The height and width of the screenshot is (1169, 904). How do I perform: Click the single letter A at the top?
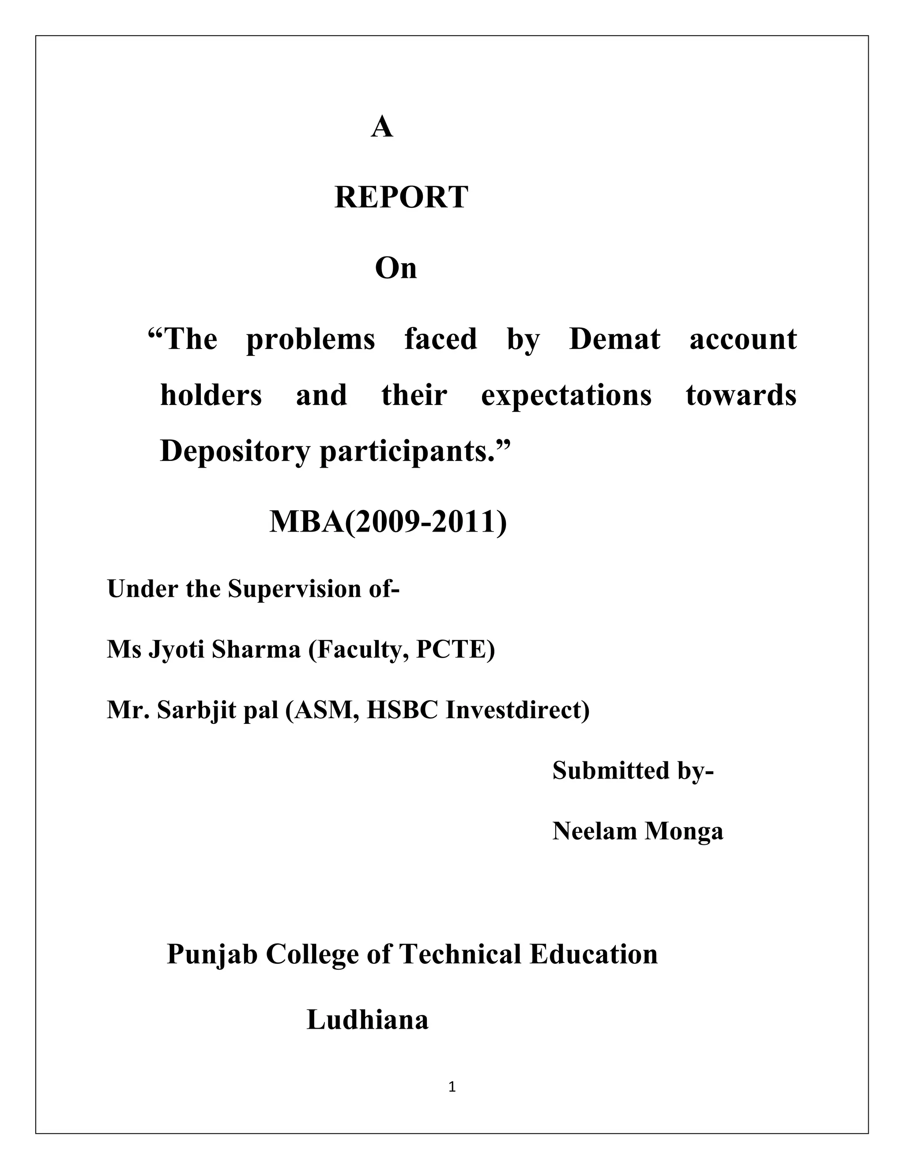point(382,127)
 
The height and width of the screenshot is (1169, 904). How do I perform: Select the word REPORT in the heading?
point(401,198)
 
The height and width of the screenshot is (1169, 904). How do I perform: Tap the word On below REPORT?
point(396,268)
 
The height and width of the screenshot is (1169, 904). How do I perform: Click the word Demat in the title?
point(615,339)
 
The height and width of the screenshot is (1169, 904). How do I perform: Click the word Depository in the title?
point(234,452)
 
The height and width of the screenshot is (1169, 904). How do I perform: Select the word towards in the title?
point(741,396)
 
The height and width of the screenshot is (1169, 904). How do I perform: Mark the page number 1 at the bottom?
point(452,1087)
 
